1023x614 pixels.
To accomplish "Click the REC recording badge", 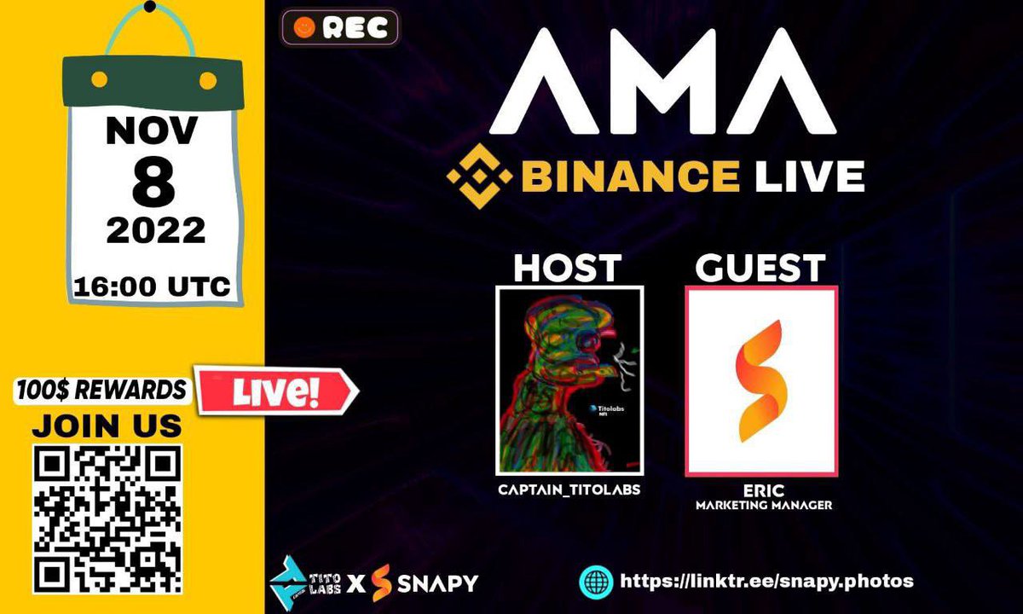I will click(x=339, y=27).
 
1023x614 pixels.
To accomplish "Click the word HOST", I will click(x=567, y=269).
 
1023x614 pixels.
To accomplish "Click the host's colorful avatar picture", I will click(x=569, y=380).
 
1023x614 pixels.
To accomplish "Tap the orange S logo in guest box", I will click(x=761, y=380).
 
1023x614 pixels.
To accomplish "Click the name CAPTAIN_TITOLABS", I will click(x=568, y=489).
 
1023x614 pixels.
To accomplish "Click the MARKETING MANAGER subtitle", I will click(x=762, y=506).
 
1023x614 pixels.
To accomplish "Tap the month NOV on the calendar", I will click(x=152, y=131).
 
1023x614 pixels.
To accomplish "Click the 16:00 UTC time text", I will click(x=152, y=287).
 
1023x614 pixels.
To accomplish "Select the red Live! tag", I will click(x=277, y=391).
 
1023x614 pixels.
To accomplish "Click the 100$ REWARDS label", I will click(x=101, y=391).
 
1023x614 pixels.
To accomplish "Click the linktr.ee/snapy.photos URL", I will click(x=766, y=581).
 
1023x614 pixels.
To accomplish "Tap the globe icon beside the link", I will click(x=596, y=582).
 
